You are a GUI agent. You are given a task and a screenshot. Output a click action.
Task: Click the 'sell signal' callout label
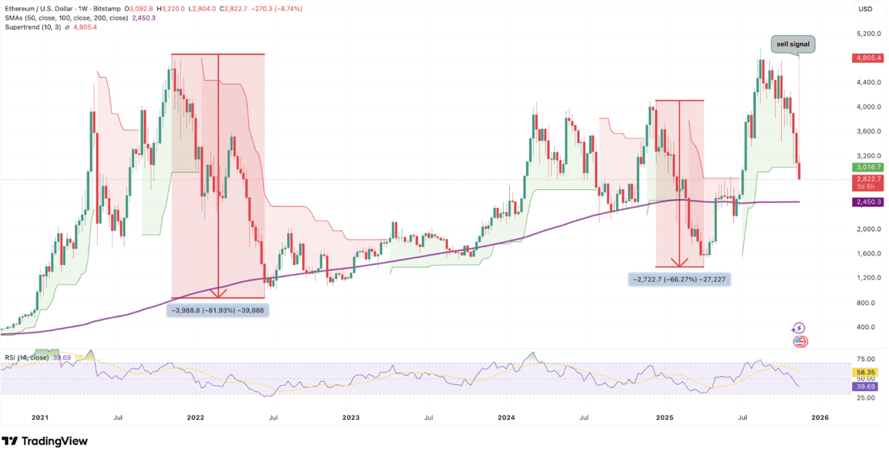coord(792,44)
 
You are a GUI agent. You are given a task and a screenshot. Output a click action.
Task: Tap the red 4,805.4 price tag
coord(868,58)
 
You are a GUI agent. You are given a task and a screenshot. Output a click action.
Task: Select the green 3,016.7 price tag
coord(868,167)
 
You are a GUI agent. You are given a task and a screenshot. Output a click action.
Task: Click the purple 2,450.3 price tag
coord(868,202)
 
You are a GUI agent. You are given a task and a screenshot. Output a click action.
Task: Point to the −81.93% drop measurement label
coord(217,311)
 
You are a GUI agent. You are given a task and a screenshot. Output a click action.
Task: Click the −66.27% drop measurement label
coord(679,279)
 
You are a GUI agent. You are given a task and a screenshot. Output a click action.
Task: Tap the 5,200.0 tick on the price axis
coord(869,34)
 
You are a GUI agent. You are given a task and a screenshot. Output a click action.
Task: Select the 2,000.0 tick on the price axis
coord(869,229)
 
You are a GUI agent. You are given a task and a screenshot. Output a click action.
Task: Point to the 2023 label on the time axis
coord(351,417)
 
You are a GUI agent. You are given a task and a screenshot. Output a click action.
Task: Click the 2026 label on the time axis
coord(820,417)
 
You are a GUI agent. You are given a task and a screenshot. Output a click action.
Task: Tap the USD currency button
coord(865,9)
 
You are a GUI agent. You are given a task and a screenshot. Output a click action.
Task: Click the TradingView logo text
coord(54,441)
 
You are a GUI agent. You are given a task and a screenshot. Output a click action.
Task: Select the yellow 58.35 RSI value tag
coord(865,372)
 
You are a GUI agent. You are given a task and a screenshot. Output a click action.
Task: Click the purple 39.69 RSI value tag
coord(865,387)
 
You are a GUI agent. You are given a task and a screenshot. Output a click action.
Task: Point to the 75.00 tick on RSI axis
coord(865,359)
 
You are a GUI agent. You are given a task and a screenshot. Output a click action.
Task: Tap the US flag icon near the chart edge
coord(800,341)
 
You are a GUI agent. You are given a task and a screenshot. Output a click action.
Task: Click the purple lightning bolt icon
coord(798,328)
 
